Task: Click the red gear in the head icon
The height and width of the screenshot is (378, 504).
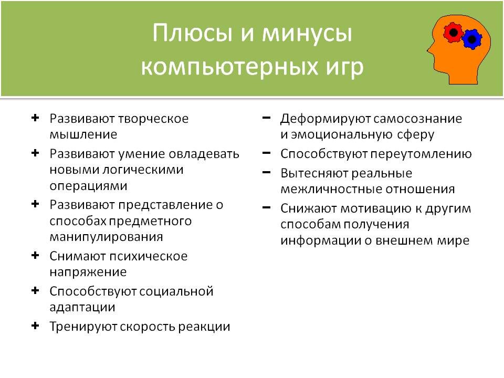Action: tap(453, 33)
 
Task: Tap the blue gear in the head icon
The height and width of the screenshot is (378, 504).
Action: tap(472, 39)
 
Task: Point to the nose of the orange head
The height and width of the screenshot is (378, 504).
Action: tap(429, 50)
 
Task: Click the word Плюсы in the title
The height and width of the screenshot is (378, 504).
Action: tap(193, 33)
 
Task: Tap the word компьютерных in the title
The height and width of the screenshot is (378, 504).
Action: tap(225, 67)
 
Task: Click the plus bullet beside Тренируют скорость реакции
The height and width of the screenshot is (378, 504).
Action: tap(35, 326)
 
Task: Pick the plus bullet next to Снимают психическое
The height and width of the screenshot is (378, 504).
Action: tap(35, 256)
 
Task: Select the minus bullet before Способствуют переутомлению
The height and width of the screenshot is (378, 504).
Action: tap(267, 153)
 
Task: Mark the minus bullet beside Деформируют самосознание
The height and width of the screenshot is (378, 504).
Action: tap(267, 118)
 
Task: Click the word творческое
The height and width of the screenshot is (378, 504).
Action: tap(153, 119)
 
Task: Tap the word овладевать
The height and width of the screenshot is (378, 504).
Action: tap(204, 154)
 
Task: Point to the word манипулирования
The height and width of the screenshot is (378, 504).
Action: tap(107, 237)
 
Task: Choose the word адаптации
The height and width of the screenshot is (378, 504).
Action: tap(82, 308)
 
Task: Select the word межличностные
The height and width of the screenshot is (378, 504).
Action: tap(331, 190)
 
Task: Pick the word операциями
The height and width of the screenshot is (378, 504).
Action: tap(88, 186)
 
